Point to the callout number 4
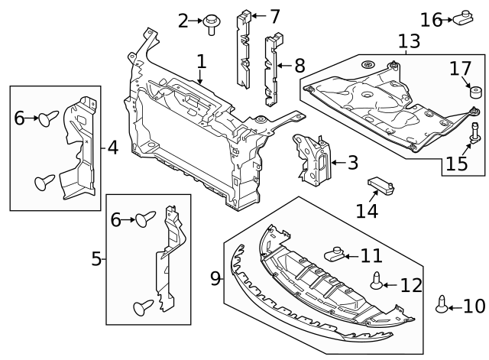(x=112, y=147)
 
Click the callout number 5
(x=96, y=259)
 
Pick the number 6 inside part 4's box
(x=20, y=118)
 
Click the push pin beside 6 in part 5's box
(x=145, y=220)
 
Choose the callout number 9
(x=215, y=277)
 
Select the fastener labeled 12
(x=377, y=283)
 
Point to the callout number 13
(x=409, y=41)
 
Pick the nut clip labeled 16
(x=461, y=17)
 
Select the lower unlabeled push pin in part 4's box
(x=45, y=182)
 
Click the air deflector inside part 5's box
(x=170, y=260)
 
